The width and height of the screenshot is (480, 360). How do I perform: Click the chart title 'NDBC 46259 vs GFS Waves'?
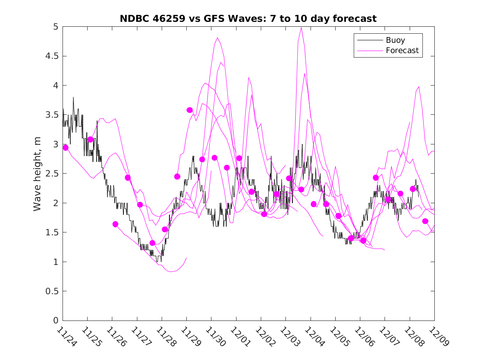(x=248, y=19)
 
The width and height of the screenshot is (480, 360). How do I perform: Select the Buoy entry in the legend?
(x=395, y=40)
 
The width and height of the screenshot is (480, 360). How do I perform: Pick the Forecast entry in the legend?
(x=402, y=51)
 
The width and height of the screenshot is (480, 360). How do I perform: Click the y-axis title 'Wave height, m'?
(x=37, y=174)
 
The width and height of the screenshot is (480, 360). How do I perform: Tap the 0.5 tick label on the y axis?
(x=52, y=291)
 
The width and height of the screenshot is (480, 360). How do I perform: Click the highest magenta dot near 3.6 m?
(x=190, y=110)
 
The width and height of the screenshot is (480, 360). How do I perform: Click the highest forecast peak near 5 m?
(x=301, y=28)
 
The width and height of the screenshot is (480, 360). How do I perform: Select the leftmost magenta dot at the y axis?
(x=65, y=147)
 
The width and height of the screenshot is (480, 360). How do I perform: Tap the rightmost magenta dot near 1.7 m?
(x=425, y=221)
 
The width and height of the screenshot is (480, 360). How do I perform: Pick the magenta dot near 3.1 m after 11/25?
(x=90, y=139)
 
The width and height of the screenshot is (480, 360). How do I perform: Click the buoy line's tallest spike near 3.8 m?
(x=73, y=98)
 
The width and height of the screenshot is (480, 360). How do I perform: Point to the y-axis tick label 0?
(x=56, y=321)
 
